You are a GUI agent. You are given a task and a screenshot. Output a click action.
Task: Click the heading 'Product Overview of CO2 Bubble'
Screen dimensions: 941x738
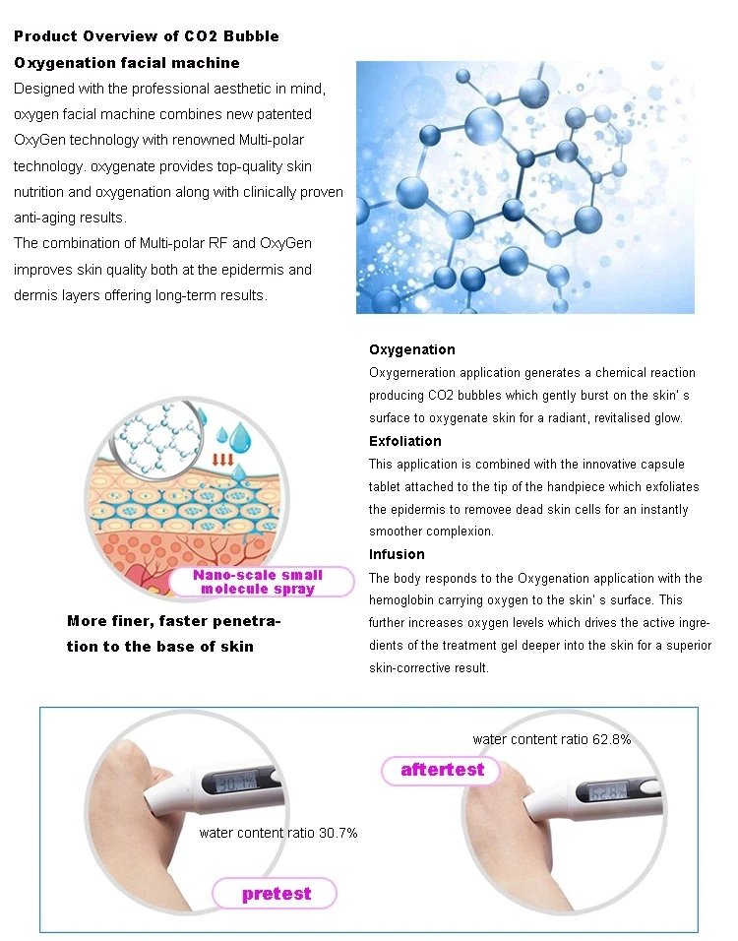(x=146, y=36)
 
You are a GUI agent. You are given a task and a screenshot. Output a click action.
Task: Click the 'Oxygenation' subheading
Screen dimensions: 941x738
(x=412, y=349)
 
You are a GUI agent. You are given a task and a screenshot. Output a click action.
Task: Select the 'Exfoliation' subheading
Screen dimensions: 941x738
(x=405, y=441)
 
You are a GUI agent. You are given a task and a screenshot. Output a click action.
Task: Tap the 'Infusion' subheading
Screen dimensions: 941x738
(x=397, y=554)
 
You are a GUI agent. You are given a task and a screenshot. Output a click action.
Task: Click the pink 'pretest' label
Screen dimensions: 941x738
(x=277, y=894)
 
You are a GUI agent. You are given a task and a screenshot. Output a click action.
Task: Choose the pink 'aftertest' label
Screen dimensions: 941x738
(x=442, y=770)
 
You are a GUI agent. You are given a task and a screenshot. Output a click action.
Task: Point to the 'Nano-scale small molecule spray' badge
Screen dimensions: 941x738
(x=258, y=582)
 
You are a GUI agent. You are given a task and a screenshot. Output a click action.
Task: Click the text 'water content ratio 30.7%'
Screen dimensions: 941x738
(x=277, y=833)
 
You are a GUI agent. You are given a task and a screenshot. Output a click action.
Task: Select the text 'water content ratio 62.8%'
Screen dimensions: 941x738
(x=551, y=739)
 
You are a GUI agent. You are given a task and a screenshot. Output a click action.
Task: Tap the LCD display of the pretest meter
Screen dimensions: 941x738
(x=233, y=783)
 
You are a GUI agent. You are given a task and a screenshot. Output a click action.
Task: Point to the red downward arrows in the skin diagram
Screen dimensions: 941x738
(x=223, y=459)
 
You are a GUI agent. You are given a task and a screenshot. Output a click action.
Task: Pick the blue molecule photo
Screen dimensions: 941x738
(x=525, y=187)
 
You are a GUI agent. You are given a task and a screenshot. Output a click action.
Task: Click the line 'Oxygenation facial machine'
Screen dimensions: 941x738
(x=127, y=63)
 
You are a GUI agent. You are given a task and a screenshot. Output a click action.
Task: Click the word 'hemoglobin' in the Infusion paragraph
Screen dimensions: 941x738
(x=402, y=599)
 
